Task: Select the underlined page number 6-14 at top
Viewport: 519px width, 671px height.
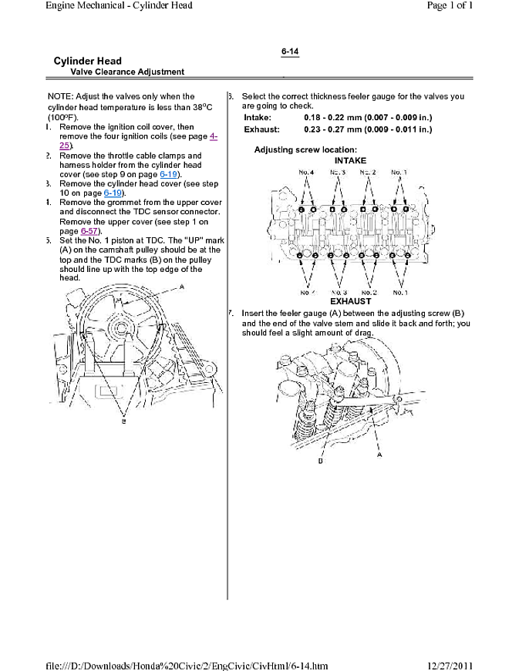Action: [290, 52]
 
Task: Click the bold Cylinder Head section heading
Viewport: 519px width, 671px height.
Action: [87, 61]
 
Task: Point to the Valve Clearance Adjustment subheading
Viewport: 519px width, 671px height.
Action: [127, 72]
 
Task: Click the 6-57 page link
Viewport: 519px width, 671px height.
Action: [89, 230]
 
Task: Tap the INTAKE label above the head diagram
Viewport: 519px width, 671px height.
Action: [351, 160]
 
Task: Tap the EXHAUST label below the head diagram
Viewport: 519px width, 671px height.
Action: [351, 301]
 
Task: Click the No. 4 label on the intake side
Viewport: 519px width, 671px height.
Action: [306, 172]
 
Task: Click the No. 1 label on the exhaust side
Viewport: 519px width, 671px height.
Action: [399, 293]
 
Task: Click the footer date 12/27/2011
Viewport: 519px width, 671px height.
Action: [450, 665]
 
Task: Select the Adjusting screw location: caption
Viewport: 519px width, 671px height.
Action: [305, 149]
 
